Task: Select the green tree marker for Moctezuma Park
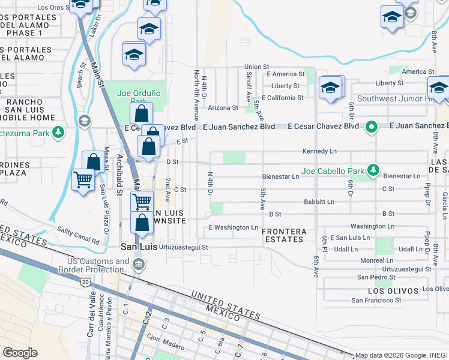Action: [58, 131]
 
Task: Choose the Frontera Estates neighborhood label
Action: [284, 235]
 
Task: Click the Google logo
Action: [19, 353]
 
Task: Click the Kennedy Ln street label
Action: [321, 151]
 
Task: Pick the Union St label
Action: [256, 67]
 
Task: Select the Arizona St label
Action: [223, 108]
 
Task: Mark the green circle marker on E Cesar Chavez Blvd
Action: [372, 127]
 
